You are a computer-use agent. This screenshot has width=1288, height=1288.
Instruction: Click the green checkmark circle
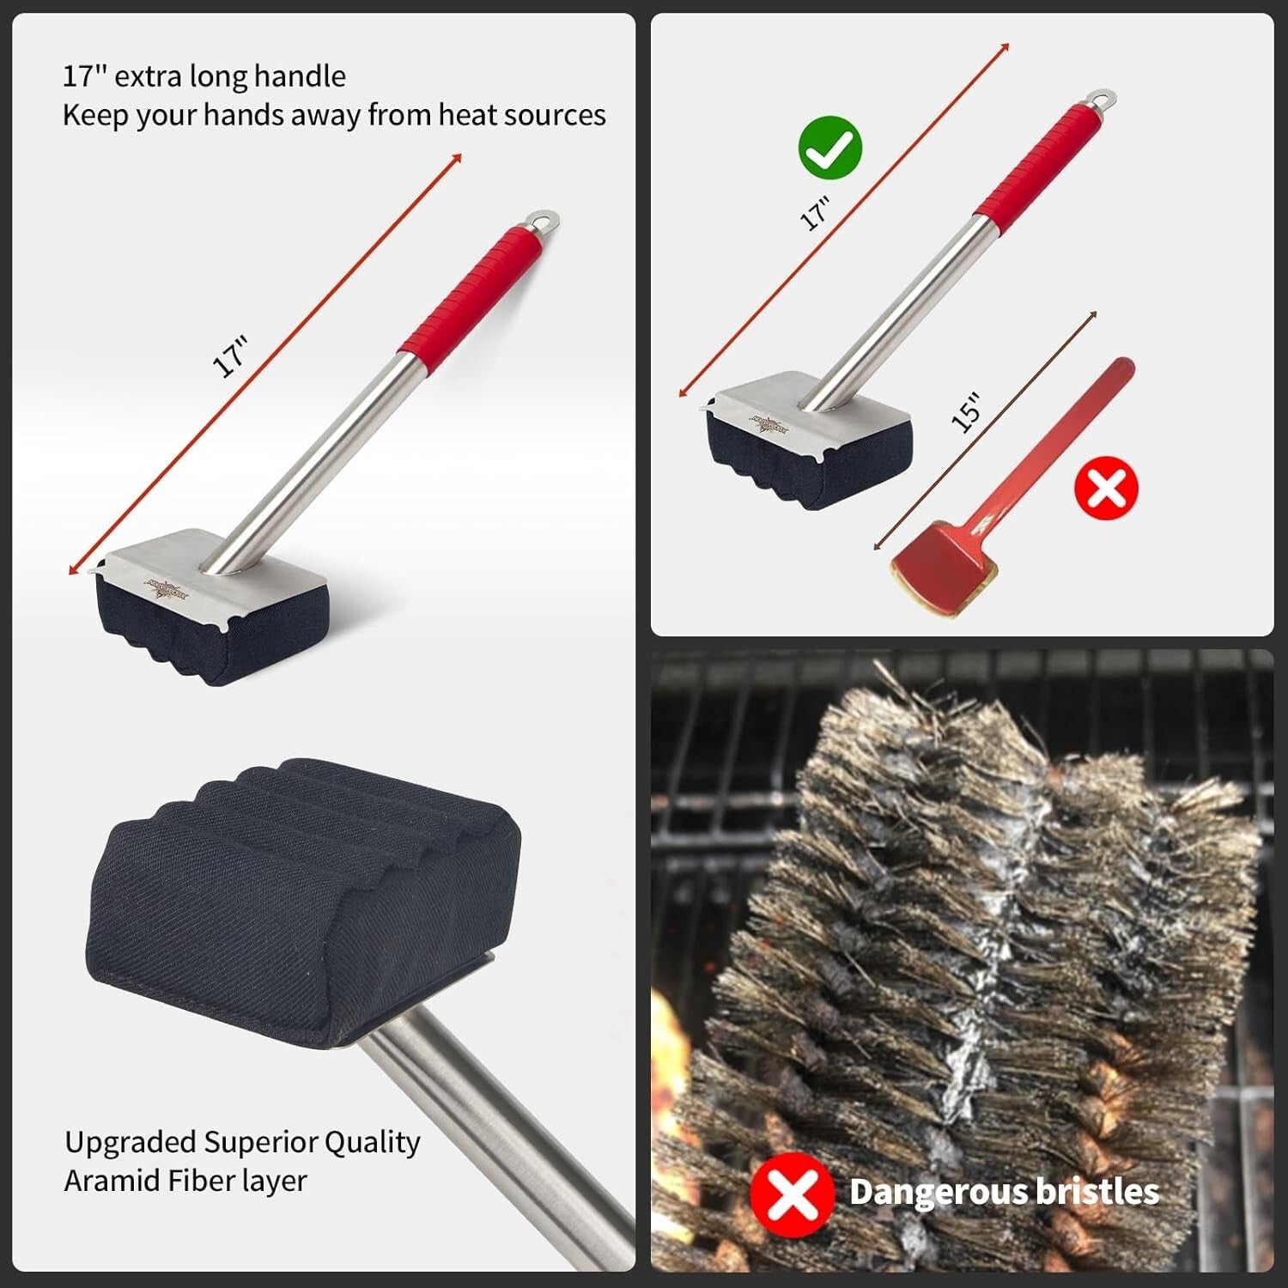[829, 149]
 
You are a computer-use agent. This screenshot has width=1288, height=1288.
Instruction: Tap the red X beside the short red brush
[1106, 488]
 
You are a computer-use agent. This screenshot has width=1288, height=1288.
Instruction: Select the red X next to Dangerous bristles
[791, 1193]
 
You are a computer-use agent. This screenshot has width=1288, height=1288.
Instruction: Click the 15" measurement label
[966, 411]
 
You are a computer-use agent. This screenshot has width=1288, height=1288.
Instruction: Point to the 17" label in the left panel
[230, 357]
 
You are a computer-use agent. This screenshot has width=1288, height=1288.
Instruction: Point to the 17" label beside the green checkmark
[815, 214]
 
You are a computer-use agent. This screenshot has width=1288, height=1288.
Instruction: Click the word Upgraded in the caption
[131, 1143]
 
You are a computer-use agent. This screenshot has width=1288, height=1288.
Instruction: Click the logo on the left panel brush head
[167, 588]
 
